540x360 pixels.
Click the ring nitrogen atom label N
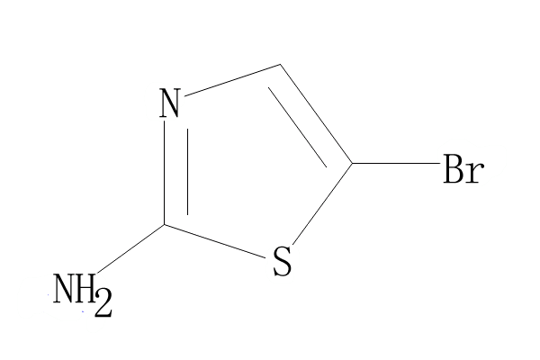[170, 103]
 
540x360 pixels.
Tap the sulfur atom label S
[282, 264]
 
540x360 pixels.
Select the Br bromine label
[463, 170]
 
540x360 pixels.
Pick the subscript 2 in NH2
[103, 302]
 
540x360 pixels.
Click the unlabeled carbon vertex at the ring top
[282, 65]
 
